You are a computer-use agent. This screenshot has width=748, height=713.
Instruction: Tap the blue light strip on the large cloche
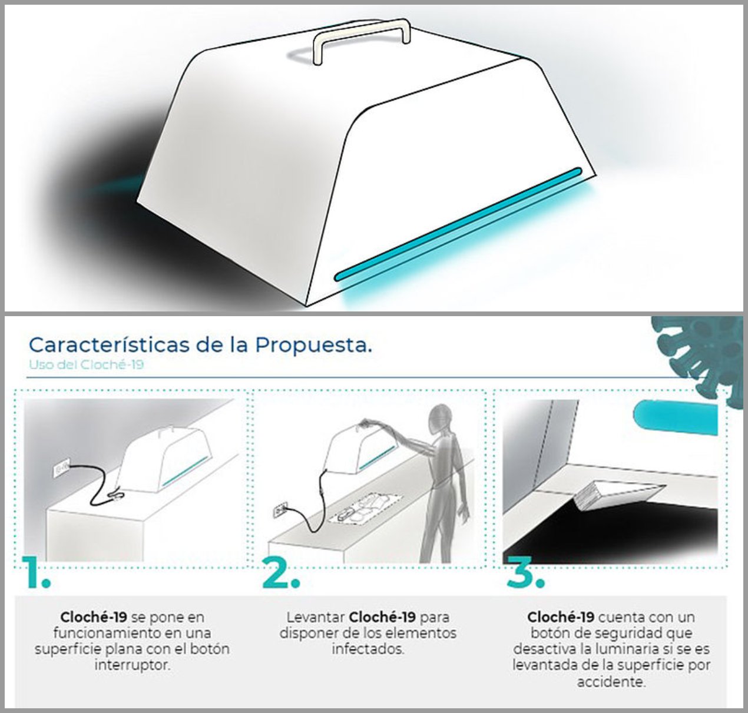tap(458, 224)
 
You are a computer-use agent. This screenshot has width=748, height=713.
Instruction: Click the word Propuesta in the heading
tap(313, 345)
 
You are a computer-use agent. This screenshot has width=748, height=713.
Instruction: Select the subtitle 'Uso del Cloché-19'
tap(87, 364)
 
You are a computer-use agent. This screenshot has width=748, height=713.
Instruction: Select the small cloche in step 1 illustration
tap(163, 461)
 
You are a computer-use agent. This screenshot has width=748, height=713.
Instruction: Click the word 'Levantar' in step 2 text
tap(316, 617)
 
